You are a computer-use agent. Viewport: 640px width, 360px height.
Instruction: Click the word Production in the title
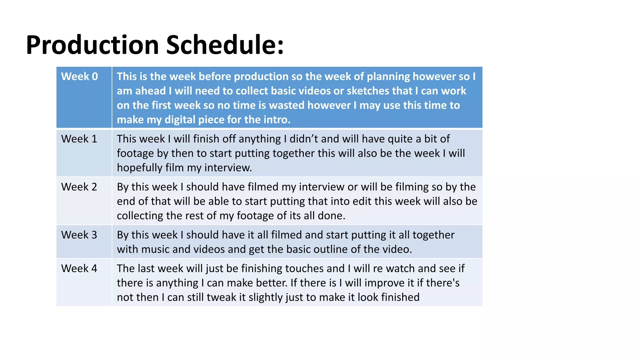tap(92, 45)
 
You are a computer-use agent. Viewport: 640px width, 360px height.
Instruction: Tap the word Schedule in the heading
tap(224, 45)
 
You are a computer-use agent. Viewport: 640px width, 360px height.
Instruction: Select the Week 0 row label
tap(79, 77)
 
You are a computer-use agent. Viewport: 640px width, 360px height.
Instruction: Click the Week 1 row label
tap(79, 139)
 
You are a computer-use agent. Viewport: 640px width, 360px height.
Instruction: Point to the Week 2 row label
tap(79, 187)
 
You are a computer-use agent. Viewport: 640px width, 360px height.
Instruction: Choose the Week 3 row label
tap(79, 235)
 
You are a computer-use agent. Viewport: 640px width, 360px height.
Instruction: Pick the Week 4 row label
tap(79, 268)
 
